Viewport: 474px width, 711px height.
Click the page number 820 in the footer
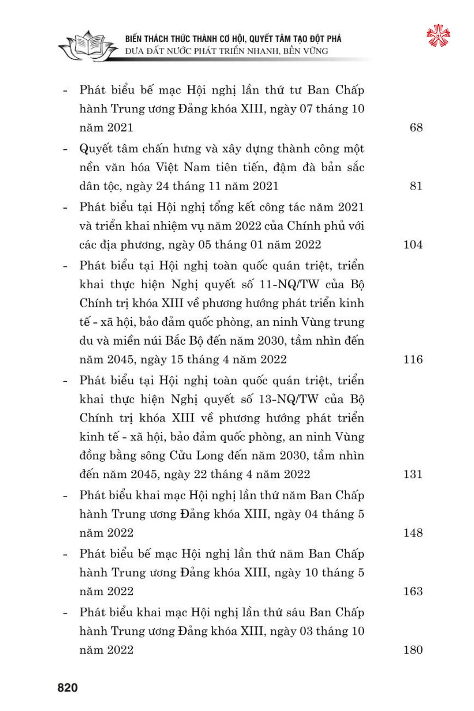pos(67,688)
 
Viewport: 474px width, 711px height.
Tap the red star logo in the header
pos(438,36)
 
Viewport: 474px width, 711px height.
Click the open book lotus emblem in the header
pos(88,46)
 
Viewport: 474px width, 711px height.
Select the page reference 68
pos(416,128)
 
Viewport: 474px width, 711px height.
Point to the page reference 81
pos(416,186)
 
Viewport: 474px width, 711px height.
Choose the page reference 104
pos(413,245)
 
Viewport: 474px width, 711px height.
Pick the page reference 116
pos(413,359)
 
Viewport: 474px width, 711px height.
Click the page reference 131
pos(413,474)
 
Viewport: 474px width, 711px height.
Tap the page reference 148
pos(413,533)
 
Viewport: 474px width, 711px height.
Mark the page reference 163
pos(413,591)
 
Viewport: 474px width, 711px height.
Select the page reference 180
pos(413,650)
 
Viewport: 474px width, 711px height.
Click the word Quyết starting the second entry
pos(95,149)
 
